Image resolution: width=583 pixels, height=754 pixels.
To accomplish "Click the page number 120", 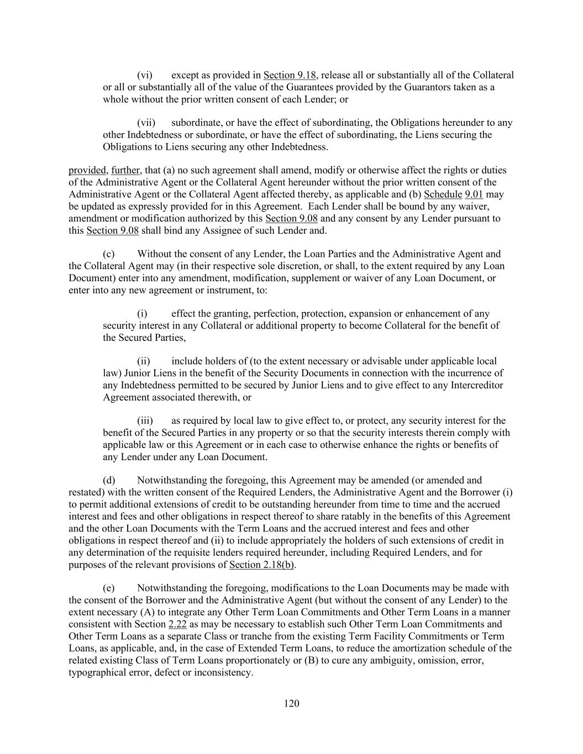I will (292, 703).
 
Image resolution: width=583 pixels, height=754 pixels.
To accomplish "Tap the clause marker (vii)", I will (146, 123).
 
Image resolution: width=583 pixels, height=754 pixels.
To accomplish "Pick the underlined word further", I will (125, 170).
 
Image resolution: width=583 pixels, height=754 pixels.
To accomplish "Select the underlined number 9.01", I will (474, 194).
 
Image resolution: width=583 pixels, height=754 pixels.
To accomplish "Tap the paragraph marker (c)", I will (109, 254).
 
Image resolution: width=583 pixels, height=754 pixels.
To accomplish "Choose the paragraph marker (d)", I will (109, 481).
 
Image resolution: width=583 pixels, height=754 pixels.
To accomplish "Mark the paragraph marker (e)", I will (109, 588).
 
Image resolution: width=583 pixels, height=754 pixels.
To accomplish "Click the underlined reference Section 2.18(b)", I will (261, 565).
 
